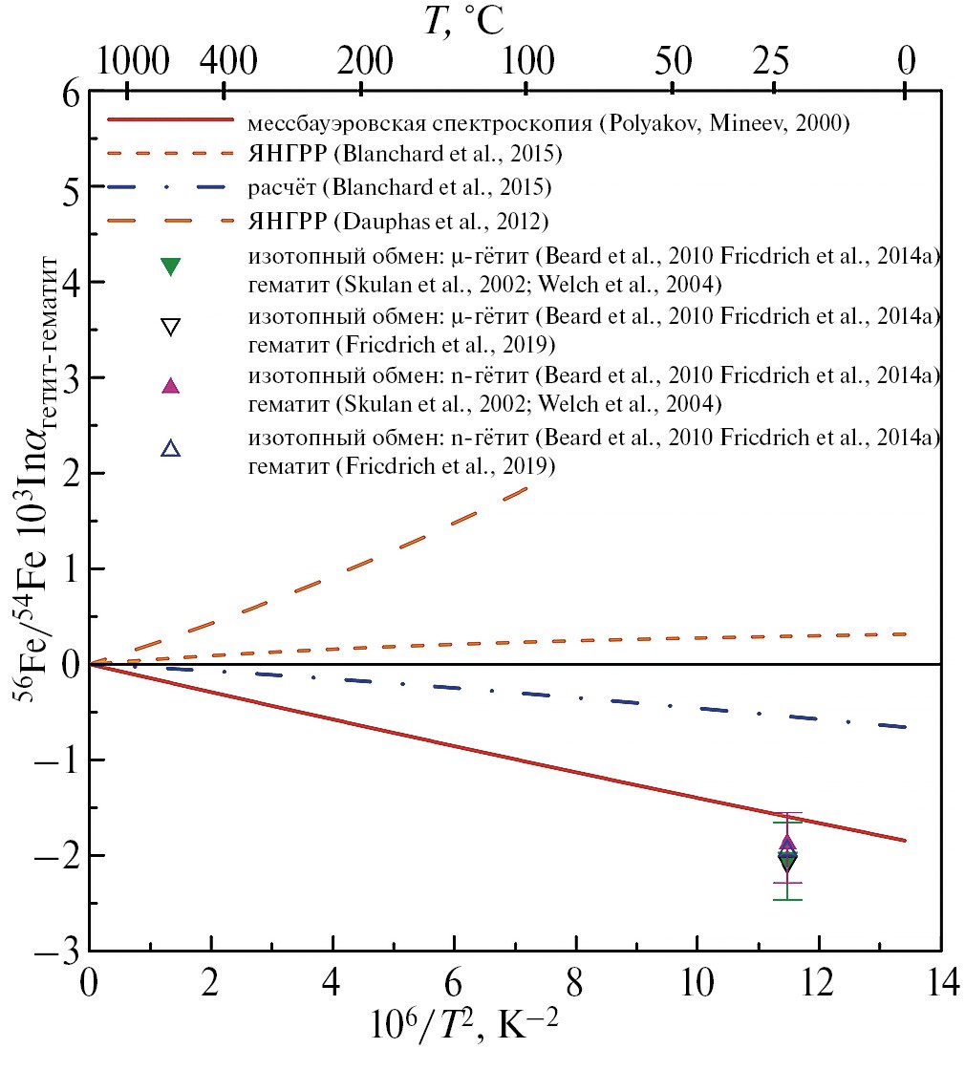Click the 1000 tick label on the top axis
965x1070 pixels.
pyautogui.click(x=128, y=63)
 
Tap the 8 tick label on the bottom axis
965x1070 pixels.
pyautogui.click(x=576, y=984)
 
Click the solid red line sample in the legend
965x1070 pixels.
pyautogui.click(x=170, y=120)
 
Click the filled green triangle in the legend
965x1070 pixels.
pyautogui.click(x=170, y=267)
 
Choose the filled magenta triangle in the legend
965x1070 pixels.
pyautogui.click(x=170, y=385)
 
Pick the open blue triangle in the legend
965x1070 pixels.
pyautogui.click(x=170, y=446)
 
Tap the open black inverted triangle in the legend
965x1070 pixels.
pyautogui.click(x=170, y=327)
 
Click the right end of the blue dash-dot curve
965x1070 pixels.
pyautogui.click(x=904, y=727)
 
